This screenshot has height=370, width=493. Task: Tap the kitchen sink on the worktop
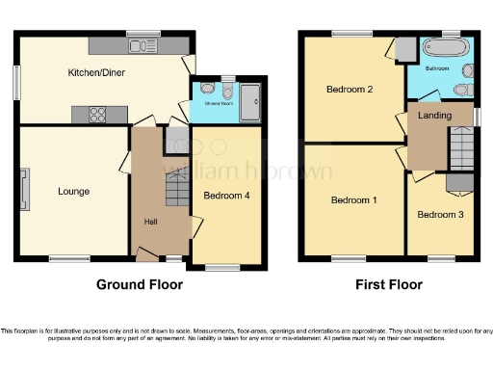pos(143,45)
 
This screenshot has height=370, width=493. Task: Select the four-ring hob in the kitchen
pos(96,114)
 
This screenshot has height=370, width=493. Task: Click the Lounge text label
pos(73,191)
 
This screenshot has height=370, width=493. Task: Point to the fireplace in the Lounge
pos(25,188)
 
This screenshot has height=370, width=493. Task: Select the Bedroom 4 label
pos(227,195)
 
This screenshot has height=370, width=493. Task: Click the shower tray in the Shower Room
pos(249,98)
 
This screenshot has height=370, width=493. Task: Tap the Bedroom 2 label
pos(350,91)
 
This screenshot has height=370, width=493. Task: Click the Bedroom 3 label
pos(441,214)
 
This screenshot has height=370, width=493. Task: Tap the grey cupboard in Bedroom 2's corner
pos(405,48)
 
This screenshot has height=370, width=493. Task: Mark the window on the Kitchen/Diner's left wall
pos(16,82)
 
